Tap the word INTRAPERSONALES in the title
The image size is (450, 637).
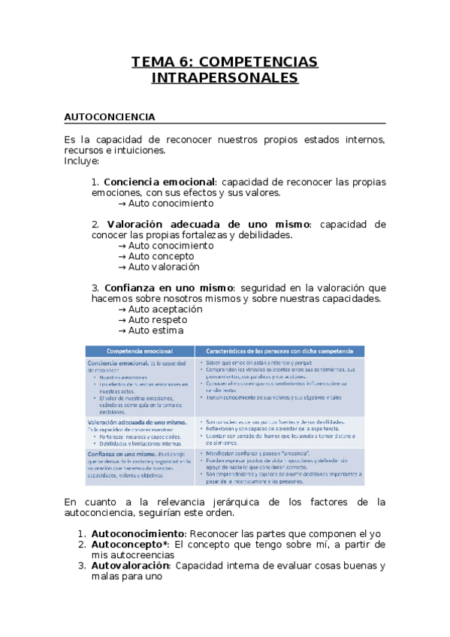(225, 78)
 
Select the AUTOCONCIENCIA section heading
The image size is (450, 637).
(110, 117)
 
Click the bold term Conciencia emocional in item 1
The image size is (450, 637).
(159, 182)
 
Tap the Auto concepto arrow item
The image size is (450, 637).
(161, 256)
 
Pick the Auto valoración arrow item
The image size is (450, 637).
(164, 267)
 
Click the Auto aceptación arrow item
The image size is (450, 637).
(165, 309)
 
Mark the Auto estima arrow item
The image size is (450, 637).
(156, 330)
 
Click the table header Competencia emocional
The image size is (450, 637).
(140, 351)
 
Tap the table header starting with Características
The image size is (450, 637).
(279, 351)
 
